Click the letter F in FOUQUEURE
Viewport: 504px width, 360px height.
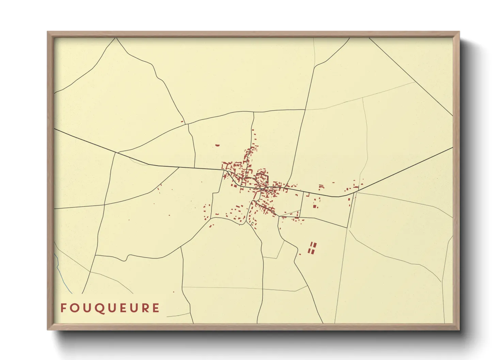point(63,308)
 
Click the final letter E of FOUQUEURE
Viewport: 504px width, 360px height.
point(156,308)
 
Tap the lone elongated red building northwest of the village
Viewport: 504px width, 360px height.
point(218,145)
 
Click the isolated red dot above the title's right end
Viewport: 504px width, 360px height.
point(173,292)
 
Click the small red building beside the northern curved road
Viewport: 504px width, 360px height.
point(182,122)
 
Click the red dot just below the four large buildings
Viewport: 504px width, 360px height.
point(300,254)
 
